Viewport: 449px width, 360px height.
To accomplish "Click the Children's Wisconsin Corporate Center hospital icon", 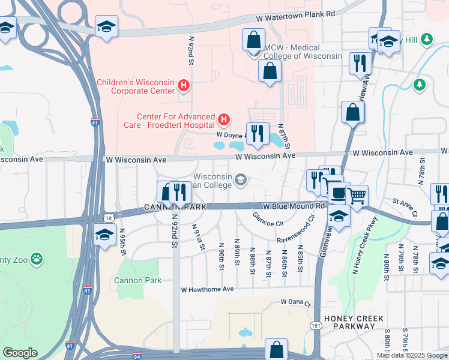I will (x=184, y=86).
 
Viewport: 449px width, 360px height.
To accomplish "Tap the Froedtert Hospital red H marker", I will (x=223, y=120).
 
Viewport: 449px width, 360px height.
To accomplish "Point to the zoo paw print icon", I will (x=37, y=259).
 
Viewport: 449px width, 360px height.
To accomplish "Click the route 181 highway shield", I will (x=315, y=325).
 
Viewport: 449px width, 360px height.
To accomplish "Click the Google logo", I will (x=20, y=353).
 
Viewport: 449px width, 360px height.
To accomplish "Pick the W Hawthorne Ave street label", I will (x=207, y=289).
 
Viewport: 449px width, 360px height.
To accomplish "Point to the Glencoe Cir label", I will (x=268, y=219).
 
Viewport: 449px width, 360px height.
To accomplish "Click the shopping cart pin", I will (x=357, y=196).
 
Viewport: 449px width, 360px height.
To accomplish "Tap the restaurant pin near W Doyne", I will (x=258, y=134).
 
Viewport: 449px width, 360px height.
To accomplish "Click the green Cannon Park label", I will (x=137, y=280).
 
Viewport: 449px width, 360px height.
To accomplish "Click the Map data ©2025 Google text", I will (x=412, y=355).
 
